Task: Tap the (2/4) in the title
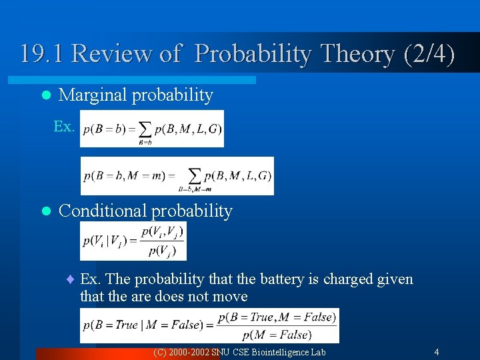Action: (429, 54)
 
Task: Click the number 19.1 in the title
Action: (43, 54)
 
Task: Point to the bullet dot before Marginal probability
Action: (45, 96)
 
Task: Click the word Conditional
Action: (103, 211)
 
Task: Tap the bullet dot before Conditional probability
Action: (45, 212)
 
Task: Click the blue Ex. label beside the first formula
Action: (64, 127)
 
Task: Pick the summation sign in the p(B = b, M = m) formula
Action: (195, 175)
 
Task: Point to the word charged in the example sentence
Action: (349, 279)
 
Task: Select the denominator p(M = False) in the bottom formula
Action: (276, 334)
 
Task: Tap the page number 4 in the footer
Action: (436, 352)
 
